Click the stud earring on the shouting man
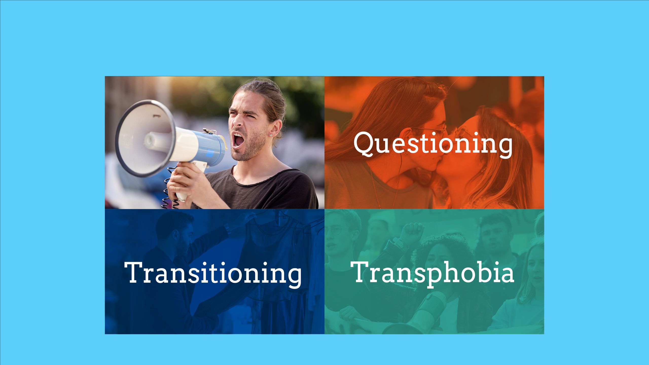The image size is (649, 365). point(271,135)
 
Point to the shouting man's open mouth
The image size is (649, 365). point(239,140)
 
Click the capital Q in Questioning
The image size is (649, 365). point(365,143)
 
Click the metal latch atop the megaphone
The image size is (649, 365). point(209,131)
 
